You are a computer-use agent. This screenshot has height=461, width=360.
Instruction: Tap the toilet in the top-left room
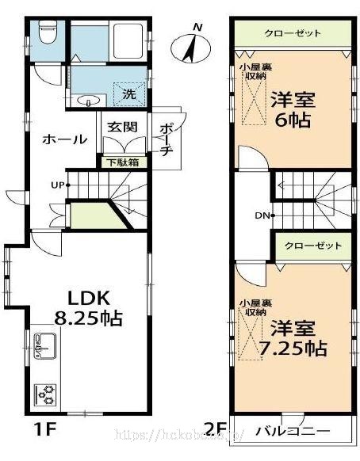click(46, 35)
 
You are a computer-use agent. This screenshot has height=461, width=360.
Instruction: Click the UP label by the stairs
click(56, 185)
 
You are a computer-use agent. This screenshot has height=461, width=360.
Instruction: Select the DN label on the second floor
click(262, 215)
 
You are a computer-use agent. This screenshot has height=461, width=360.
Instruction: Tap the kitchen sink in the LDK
click(43, 348)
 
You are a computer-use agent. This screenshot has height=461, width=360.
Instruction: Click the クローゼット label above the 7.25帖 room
click(312, 245)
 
